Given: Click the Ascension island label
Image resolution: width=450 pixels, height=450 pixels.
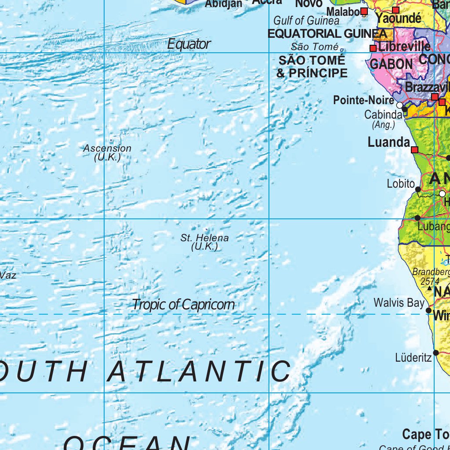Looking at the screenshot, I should pos(107,149).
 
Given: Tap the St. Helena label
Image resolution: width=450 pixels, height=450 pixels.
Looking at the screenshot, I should pos(204,238).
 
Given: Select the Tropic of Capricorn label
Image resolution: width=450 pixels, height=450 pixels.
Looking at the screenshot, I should pos(183,305).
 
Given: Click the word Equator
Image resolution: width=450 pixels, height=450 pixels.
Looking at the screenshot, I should pos(189,44).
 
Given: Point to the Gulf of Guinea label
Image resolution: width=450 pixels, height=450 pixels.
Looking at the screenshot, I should pos(306,21).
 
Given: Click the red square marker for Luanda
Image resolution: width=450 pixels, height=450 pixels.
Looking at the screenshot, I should pos(414,150).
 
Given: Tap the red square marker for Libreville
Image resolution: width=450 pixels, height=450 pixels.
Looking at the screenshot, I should pos(373,48).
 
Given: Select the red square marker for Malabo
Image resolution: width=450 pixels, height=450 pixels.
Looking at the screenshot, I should pos(364,11).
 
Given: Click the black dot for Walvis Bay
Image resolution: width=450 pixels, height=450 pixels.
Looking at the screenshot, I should pos(429,310).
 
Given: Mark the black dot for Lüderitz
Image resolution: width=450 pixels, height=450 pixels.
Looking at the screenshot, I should pos(436,353).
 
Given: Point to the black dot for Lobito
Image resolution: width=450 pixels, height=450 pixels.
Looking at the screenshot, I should pos(418,189).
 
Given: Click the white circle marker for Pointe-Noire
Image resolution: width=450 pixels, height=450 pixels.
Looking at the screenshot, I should pos(399,105).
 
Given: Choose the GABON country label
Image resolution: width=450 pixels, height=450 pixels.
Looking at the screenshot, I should pos(391,64).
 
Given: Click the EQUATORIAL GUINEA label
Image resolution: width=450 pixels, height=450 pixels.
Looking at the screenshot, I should pos(327,34).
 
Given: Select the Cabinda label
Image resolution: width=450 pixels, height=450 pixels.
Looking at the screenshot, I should pos(383,115).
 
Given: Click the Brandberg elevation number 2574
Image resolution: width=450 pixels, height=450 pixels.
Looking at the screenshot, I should pos(429,281).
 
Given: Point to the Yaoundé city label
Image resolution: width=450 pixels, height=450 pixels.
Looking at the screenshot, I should pos(399,18).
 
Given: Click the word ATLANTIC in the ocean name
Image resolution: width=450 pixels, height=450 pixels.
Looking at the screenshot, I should pos(199,371).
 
